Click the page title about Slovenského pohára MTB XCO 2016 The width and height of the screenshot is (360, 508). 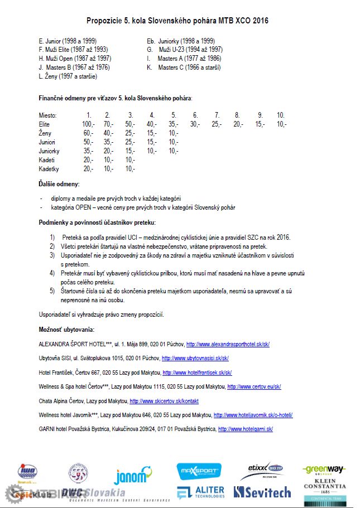(x=177, y=21)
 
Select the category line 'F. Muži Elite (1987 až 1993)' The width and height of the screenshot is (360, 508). (x=73, y=50)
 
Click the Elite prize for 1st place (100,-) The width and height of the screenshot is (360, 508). (x=88, y=124)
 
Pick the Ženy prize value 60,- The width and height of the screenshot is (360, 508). (x=88, y=133)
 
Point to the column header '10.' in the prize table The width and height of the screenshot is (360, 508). (x=281, y=115)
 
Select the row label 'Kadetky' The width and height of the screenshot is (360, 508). (x=49, y=169)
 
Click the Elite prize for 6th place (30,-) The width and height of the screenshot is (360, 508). (x=195, y=124)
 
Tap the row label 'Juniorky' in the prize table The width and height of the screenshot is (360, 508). (x=49, y=151)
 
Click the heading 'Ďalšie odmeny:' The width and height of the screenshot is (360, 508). (x=59, y=184)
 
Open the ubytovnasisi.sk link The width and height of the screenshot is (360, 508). (x=195, y=359)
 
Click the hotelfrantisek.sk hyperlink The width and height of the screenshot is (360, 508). (x=197, y=372)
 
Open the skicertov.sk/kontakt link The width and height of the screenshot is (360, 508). (x=164, y=401)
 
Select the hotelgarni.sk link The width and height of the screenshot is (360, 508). (x=245, y=429)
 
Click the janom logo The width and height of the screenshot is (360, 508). (x=130, y=476)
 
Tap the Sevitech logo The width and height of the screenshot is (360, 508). (x=262, y=492)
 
